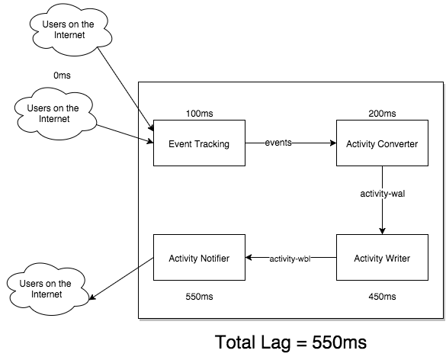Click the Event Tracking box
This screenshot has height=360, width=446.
coord(199,143)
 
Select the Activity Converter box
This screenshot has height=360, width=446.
coord(382,143)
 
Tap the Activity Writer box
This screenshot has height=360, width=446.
coord(382,257)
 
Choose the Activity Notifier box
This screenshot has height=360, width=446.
coord(199,257)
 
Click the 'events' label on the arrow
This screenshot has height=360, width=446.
coord(278,143)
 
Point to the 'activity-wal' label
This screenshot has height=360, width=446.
coord(382,194)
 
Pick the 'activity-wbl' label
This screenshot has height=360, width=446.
coord(290,259)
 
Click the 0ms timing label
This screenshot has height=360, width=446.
coord(62,76)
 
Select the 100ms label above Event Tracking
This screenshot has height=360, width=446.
coord(200,114)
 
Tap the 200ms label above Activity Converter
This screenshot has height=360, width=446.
coord(382,114)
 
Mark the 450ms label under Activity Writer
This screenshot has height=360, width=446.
coord(382,297)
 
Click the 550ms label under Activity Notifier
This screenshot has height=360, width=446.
coord(200,297)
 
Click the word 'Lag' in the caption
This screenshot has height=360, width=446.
coord(274,342)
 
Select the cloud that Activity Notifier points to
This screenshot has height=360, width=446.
coord(47,289)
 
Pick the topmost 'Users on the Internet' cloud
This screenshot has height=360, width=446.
coord(70,30)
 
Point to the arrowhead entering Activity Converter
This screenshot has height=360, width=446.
coord(333,143)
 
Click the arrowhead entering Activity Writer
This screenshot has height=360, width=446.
coord(382,231)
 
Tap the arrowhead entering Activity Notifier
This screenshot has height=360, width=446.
coord(249,257)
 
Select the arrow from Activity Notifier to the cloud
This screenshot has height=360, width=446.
coord(121,278)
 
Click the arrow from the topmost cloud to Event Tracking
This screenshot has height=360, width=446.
coord(126,89)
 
